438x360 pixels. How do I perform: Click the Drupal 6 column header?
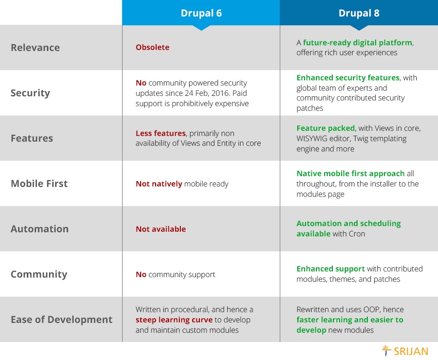pyautogui.click(x=201, y=13)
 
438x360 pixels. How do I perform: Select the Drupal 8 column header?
pyautogui.click(x=359, y=13)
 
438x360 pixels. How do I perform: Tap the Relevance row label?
pyautogui.click(x=35, y=47)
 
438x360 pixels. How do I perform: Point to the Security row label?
pyautogui.click(x=30, y=93)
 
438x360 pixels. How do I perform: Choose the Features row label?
pyautogui.click(x=32, y=138)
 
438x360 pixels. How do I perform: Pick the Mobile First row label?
pyautogui.click(x=39, y=183)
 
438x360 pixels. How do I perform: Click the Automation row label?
pyautogui.click(x=40, y=229)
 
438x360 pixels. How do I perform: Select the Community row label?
pyautogui.click(x=39, y=275)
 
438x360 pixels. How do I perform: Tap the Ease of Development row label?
pyautogui.click(x=61, y=319)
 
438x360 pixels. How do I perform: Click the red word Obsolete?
pyautogui.click(x=153, y=47)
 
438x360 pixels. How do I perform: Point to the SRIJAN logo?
pyautogui.click(x=405, y=351)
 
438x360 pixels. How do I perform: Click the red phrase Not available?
pyautogui.click(x=161, y=229)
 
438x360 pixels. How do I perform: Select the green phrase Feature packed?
pyautogui.click(x=326, y=128)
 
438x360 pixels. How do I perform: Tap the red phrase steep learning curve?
pyautogui.click(x=174, y=320)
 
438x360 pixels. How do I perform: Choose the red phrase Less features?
pyautogui.click(x=161, y=133)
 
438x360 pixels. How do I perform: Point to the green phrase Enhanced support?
pyautogui.click(x=331, y=269)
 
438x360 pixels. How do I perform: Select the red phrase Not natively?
pyautogui.click(x=159, y=184)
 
